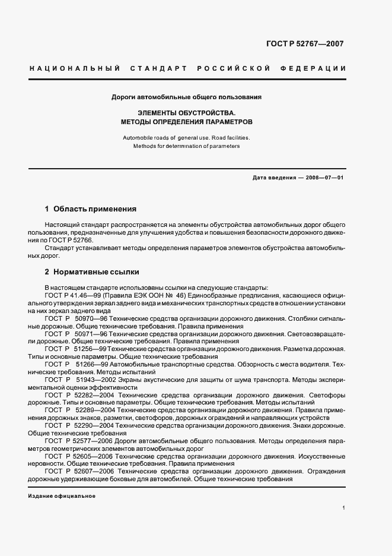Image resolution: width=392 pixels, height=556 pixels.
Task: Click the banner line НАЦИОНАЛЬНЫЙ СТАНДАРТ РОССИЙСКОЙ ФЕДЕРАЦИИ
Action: pos(187,69)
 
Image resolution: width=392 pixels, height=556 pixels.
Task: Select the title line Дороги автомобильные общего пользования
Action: pos(187,96)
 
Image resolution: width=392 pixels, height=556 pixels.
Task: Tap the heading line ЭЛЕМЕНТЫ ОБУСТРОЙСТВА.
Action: pos(187,112)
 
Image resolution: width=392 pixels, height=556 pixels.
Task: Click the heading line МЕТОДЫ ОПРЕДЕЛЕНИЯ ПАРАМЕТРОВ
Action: pos(187,121)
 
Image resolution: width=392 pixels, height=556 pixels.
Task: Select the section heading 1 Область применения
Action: pos(91,209)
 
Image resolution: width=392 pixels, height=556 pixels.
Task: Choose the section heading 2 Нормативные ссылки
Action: pos(92,272)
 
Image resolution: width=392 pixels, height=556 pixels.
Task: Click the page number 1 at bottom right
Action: pos(344,508)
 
